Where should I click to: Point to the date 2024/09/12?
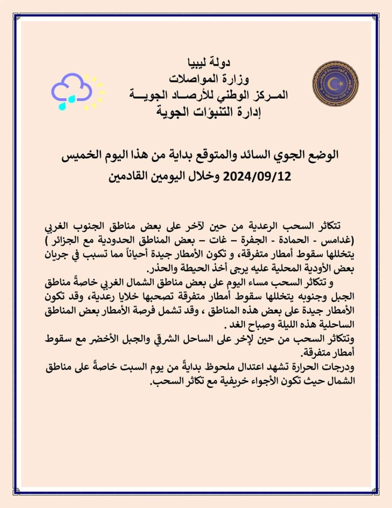(x=257, y=176)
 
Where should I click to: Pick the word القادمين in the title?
(x=129, y=176)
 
